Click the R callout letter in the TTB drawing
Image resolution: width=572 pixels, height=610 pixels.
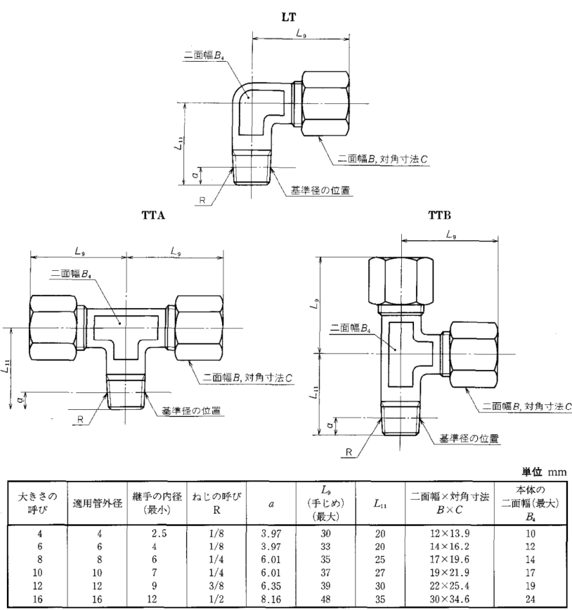(x=349, y=453)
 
